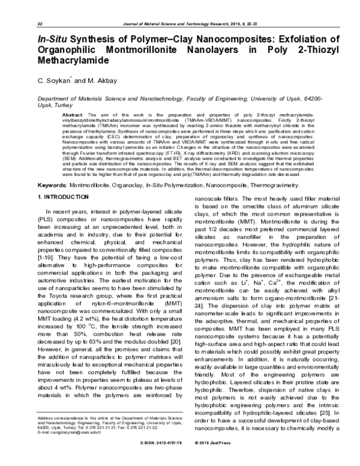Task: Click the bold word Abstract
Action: pyautogui.click(x=72, y=114)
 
